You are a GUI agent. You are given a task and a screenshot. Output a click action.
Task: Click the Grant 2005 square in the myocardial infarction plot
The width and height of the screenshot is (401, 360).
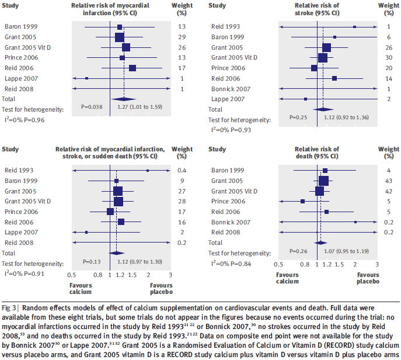click(120, 37)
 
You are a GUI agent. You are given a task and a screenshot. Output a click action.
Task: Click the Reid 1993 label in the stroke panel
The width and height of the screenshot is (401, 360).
click(225, 27)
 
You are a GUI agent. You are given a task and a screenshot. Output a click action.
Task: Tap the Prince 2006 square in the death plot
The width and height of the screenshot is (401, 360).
click(302, 201)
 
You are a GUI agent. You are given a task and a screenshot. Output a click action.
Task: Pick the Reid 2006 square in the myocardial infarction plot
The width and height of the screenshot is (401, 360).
click(132, 68)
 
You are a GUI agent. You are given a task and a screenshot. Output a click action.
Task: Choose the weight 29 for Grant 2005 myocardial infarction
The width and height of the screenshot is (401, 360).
click(181, 37)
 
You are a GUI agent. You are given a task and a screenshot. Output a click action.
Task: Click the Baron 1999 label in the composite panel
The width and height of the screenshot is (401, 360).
click(21, 181)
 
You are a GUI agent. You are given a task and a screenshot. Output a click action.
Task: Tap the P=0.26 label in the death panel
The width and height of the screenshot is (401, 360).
click(300, 251)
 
